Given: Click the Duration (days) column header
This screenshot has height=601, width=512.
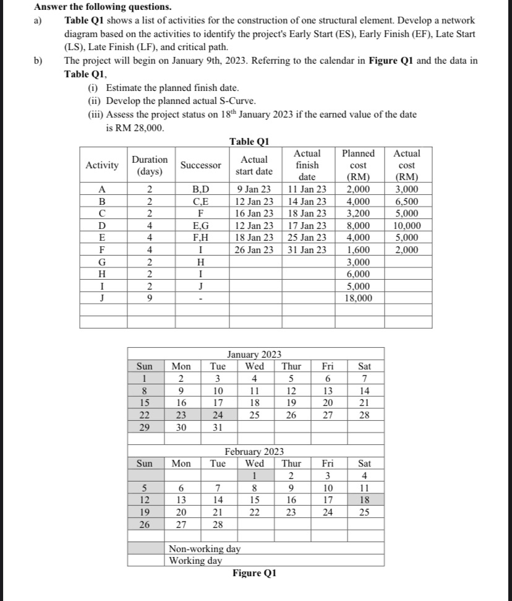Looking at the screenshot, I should point(150,165).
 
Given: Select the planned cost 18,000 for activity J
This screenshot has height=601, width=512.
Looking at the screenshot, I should point(358,298).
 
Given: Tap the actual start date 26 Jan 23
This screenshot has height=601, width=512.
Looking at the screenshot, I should point(255,250).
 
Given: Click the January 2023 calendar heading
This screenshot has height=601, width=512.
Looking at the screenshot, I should point(254,354).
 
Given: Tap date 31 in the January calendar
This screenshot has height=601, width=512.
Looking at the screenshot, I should point(216,428).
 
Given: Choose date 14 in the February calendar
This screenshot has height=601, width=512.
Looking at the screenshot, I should point(216,499).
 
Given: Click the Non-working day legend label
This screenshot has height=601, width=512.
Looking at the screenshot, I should point(205,548).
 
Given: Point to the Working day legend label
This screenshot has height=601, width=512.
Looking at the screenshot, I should point(196,560).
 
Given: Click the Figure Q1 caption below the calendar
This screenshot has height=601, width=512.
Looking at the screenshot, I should point(254,573).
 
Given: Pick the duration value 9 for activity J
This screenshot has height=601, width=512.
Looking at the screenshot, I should point(150,298).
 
